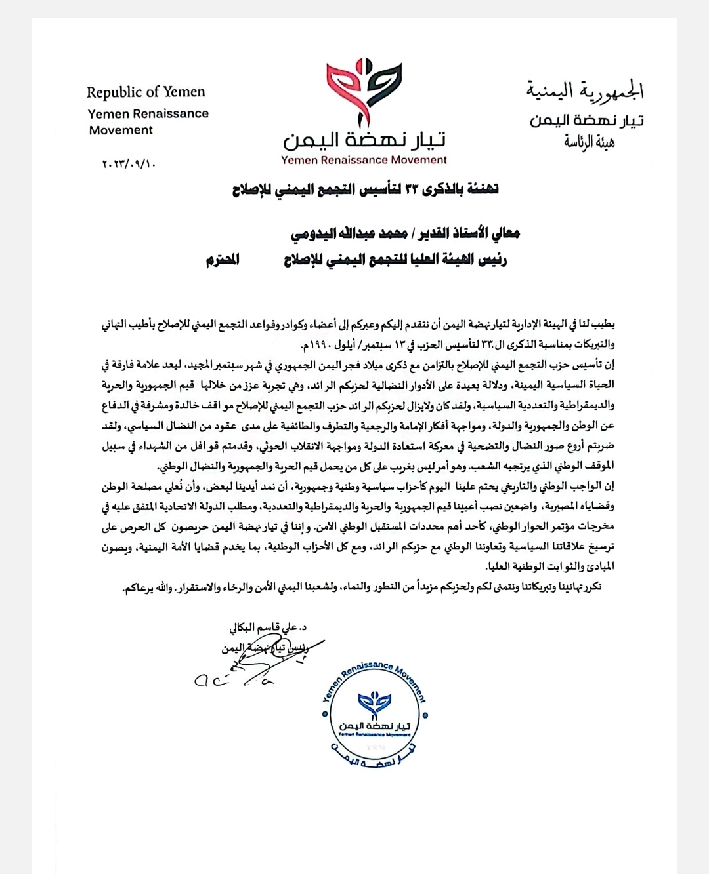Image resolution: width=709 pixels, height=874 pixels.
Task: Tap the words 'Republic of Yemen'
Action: pos(146,92)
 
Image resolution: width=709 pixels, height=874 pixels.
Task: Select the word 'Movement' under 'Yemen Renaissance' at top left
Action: pos(121,130)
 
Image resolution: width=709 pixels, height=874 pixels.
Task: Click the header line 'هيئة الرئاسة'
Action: pos(589,142)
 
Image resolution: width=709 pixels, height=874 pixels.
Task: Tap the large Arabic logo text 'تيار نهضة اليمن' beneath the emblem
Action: pos(364,140)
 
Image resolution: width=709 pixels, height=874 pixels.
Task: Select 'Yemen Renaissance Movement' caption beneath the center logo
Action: pos(364,159)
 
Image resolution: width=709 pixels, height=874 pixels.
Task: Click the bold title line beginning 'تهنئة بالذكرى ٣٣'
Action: pos(365,190)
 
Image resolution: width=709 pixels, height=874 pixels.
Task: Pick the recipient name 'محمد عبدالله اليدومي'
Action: pos(348,233)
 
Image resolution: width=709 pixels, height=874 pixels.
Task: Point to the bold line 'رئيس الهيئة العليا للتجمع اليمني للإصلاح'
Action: pos(395,260)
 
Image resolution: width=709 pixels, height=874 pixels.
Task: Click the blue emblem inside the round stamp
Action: pos(374,704)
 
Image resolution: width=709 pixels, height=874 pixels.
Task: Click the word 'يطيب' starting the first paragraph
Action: pos(603,325)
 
